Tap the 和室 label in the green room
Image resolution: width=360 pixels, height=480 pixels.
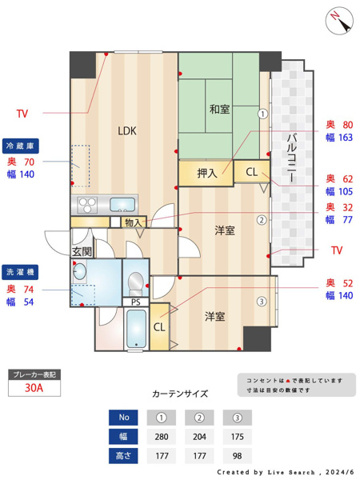click(x=220, y=108)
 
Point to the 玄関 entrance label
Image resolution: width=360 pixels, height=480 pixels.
click(x=82, y=252)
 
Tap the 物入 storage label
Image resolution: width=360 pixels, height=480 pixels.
click(x=133, y=222)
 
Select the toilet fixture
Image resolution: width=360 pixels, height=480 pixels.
click(x=135, y=282)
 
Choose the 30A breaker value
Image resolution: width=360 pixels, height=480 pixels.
click(x=34, y=388)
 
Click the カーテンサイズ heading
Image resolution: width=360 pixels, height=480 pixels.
click(x=180, y=394)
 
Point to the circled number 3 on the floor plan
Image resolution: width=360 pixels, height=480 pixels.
click(x=261, y=302)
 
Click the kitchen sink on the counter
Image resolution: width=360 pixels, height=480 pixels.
click(x=122, y=203)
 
